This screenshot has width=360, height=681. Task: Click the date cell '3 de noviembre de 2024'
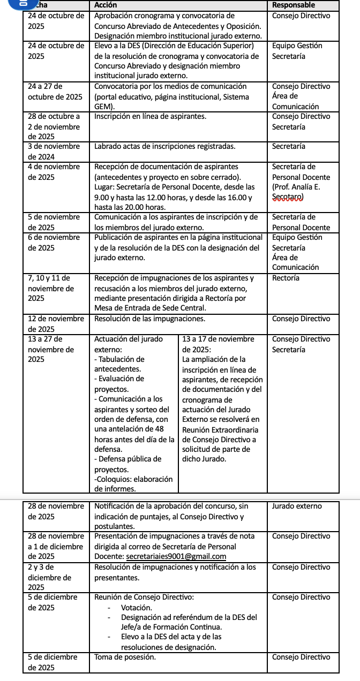[54, 152]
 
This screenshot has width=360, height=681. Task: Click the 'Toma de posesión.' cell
[125, 657]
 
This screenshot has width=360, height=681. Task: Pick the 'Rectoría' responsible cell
[286, 278]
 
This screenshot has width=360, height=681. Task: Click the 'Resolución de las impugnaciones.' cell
[149, 319]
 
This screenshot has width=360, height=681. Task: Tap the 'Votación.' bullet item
[137, 608]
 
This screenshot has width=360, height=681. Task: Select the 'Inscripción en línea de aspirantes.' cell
[150, 116]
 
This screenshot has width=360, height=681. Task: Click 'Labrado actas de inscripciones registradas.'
[164, 146]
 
